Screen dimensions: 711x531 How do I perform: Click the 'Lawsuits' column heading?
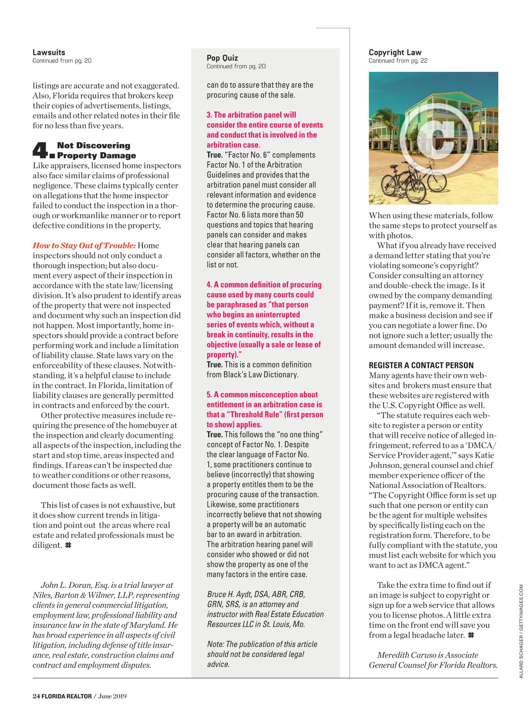(x=49, y=52)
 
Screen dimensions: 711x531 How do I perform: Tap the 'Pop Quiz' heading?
(x=222, y=58)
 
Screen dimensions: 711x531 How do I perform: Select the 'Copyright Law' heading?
(x=395, y=52)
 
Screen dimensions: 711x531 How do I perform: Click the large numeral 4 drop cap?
(x=41, y=150)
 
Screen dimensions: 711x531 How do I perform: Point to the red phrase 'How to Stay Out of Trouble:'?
(x=84, y=245)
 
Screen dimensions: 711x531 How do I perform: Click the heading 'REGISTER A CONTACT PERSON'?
(x=421, y=365)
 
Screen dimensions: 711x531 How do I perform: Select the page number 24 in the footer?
(x=36, y=696)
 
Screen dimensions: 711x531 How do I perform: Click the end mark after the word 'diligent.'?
(x=68, y=545)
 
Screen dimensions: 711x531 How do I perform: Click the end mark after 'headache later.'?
(x=471, y=635)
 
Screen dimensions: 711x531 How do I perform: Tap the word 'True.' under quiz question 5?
(x=215, y=434)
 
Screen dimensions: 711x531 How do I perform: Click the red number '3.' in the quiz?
(x=209, y=115)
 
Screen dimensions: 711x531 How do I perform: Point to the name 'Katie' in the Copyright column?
(x=484, y=455)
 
